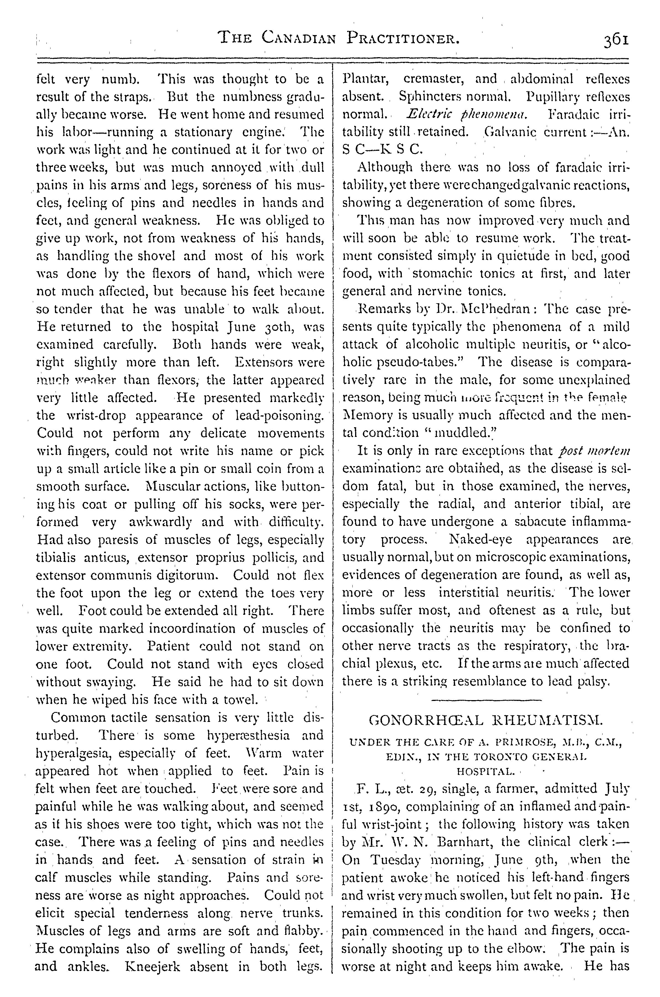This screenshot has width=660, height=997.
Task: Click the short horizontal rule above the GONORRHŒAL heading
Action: [x=486, y=700]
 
